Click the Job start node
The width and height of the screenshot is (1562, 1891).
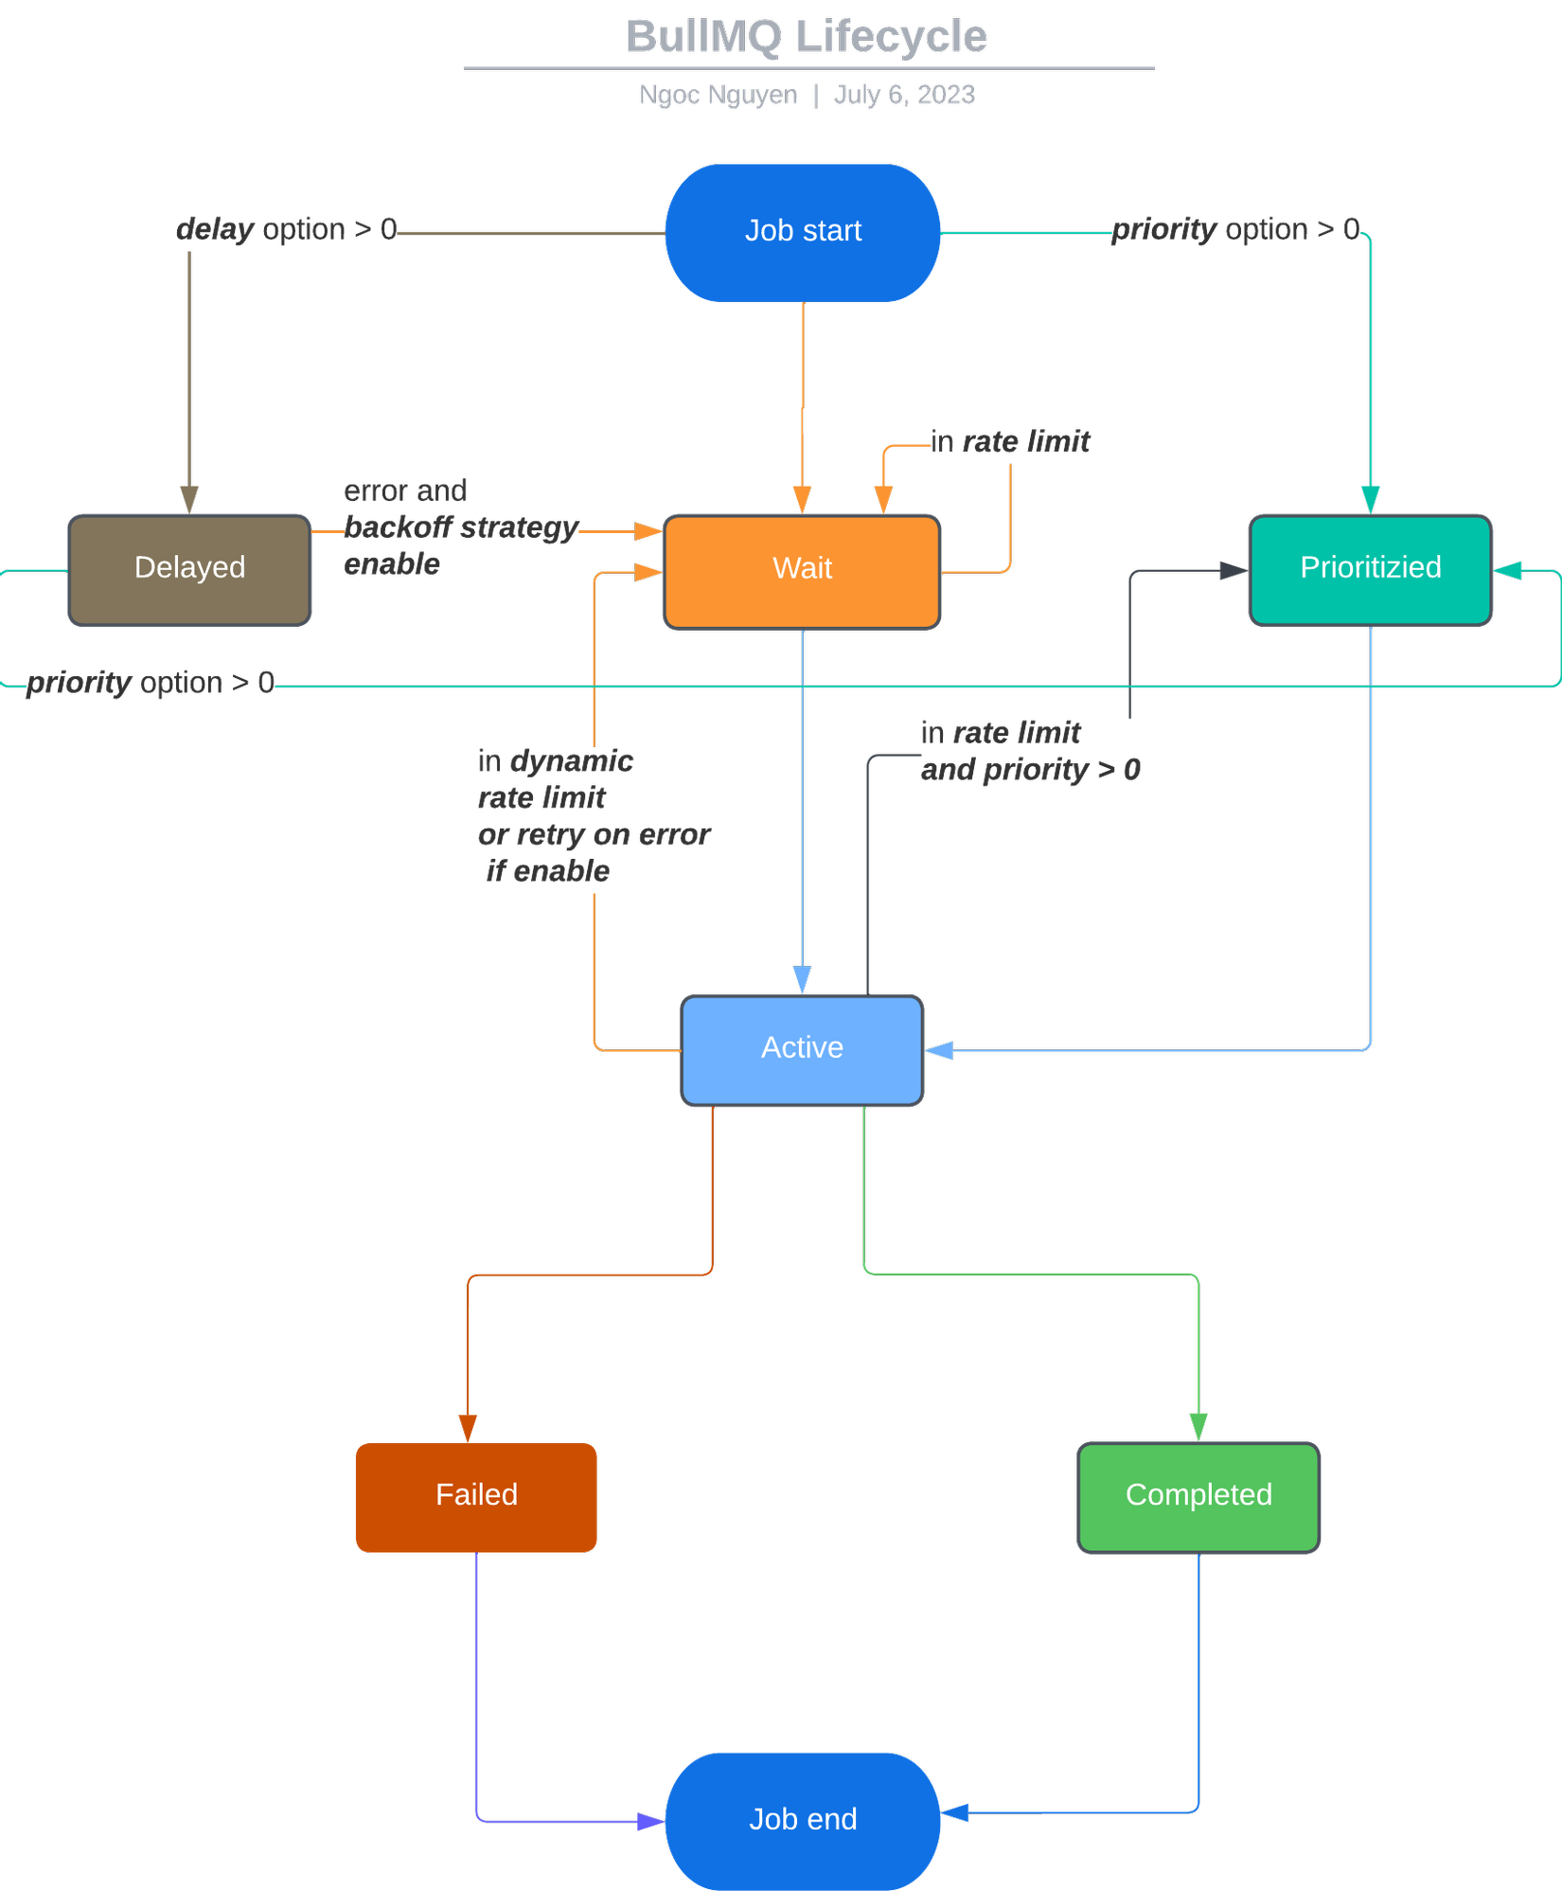pos(802,232)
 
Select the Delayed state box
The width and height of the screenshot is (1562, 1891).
pos(189,570)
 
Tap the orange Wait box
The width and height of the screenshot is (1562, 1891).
pos(802,571)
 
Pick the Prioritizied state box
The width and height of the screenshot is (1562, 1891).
pos(1370,570)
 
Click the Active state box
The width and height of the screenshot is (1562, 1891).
pos(802,1049)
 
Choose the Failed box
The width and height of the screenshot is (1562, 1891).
pos(476,1497)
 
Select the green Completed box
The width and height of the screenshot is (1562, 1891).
pos(1198,1497)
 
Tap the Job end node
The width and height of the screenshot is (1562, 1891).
pos(802,1820)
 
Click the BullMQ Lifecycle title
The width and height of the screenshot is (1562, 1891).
pos(806,37)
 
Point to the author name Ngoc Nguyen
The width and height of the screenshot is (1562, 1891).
pos(718,95)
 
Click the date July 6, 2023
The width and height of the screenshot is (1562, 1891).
pos(904,95)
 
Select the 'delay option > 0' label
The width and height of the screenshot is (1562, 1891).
pos(286,229)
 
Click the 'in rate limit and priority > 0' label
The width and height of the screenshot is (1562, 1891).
pos(1030,751)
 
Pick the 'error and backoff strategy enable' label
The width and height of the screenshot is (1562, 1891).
pos(459,527)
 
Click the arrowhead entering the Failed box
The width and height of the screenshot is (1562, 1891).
pos(468,1429)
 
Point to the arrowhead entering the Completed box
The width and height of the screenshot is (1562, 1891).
pos(1198,1427)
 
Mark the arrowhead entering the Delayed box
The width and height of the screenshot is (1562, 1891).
pos(189,500)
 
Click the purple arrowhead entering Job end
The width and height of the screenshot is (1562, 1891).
pos(650,1821)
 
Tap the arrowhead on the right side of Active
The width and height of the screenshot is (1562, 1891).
pos(939,1050)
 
